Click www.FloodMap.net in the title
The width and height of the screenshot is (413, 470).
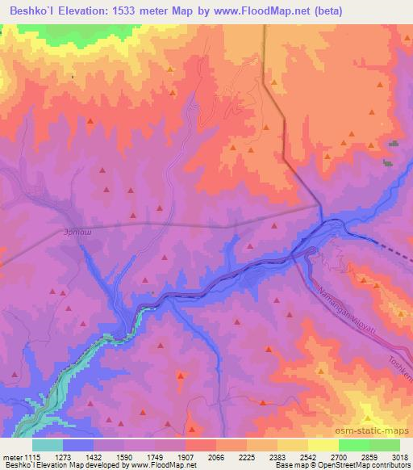pyautogui.click(x=257, y=11)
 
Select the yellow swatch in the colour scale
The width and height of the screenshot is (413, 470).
pyautogui.click(x=323, y=445)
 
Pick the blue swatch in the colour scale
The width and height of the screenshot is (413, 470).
pyautogui.click(x=77, y=445)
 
